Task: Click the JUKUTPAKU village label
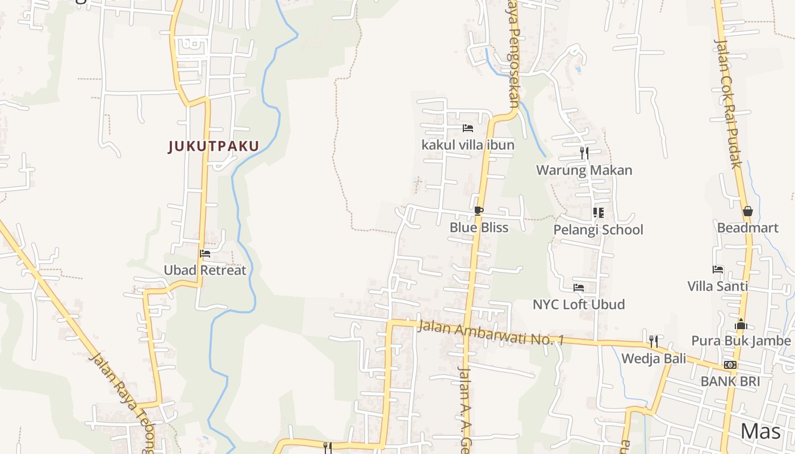214,146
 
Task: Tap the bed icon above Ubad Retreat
205,254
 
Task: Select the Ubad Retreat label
205,270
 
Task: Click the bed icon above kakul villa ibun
468,128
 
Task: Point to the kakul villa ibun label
468,145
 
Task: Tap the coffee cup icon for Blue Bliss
479,211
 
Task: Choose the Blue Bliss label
479,228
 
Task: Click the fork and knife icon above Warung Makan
584,153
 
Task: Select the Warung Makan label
584,170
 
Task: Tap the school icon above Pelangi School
598,213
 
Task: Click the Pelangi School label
598,230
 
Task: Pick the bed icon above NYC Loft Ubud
579,288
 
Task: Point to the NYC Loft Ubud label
579,305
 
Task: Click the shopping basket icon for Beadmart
747,211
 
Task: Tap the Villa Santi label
718,286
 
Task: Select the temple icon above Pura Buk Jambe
740,324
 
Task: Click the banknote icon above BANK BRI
730,364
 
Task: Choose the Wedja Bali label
654,359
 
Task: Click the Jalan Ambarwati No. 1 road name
491,334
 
